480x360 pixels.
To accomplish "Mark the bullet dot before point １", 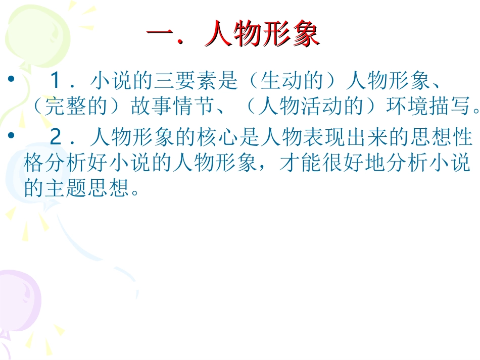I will tap(11, 81).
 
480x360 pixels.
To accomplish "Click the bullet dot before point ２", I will tap(11, 137).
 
